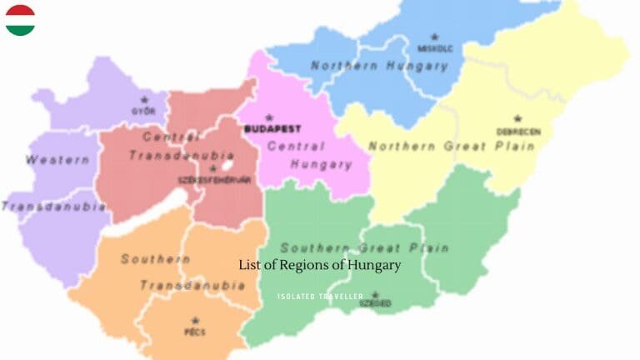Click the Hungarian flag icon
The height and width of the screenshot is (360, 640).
20,20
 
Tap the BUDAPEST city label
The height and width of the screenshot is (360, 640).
272,129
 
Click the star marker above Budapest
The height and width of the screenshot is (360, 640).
269,117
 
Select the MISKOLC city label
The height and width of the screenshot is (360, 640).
435,48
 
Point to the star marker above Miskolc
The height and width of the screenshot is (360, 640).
434,37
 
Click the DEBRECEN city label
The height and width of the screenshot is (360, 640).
518,132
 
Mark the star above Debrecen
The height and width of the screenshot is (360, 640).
517,119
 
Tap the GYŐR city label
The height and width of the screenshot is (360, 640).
143,111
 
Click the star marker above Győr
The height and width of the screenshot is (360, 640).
144,100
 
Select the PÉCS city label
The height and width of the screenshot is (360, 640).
196,332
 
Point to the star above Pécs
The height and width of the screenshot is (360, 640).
196,320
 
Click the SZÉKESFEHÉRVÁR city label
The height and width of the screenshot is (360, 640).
214,179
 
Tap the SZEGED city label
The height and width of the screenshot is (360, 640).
375,304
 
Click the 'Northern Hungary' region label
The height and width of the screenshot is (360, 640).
380,66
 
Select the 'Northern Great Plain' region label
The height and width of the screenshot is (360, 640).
451,147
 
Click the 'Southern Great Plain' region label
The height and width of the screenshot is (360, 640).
364,247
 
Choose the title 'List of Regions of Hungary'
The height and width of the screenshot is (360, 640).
320,265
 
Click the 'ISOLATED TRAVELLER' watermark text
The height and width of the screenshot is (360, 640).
320,296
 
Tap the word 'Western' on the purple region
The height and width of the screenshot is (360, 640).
57,159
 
